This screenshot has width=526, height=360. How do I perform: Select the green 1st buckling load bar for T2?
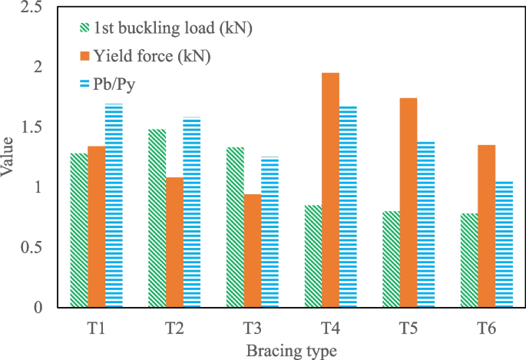156,218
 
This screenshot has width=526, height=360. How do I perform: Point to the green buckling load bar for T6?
468,260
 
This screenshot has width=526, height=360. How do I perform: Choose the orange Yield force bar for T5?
409,203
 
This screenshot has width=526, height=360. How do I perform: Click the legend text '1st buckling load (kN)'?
173,29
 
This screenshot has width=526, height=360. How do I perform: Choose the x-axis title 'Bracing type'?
291,350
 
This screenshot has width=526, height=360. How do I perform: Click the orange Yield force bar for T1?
96,226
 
